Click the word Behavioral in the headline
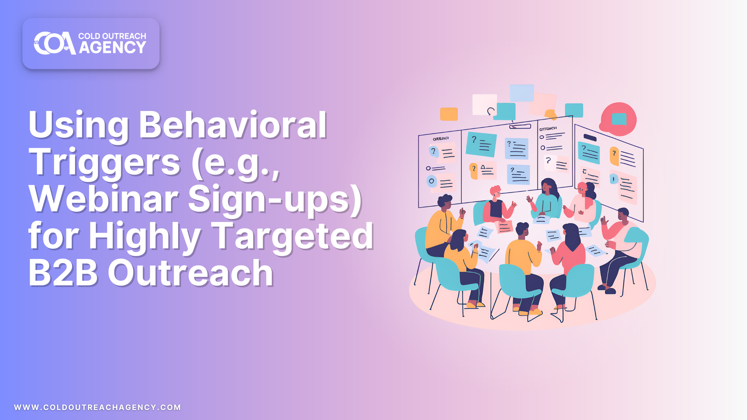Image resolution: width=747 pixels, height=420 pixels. click(x=233, y=125)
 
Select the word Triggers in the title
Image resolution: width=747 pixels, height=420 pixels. click(x=104, y=162)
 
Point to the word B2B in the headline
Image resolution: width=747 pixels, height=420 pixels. click(x=63, y=273)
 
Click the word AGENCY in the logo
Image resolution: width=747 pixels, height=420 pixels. click(x=112, y=48)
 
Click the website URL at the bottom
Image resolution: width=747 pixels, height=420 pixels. click(x=97, y=407)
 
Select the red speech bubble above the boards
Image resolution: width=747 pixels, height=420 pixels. click(x=619, y=119)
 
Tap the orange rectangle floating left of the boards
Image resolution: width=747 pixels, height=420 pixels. click(x=449, y=114)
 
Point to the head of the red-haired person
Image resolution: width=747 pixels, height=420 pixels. click(x=496, y=192)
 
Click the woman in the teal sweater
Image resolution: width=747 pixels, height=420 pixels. click(x=547, y=200)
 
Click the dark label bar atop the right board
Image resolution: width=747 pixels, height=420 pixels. click(x=590, y=137)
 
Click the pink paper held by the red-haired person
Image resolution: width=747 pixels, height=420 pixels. click(x=505, y=227)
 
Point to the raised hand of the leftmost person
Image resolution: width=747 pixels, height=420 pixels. click(x=463, y=212)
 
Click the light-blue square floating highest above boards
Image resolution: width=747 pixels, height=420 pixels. click(x=522, y=93)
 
